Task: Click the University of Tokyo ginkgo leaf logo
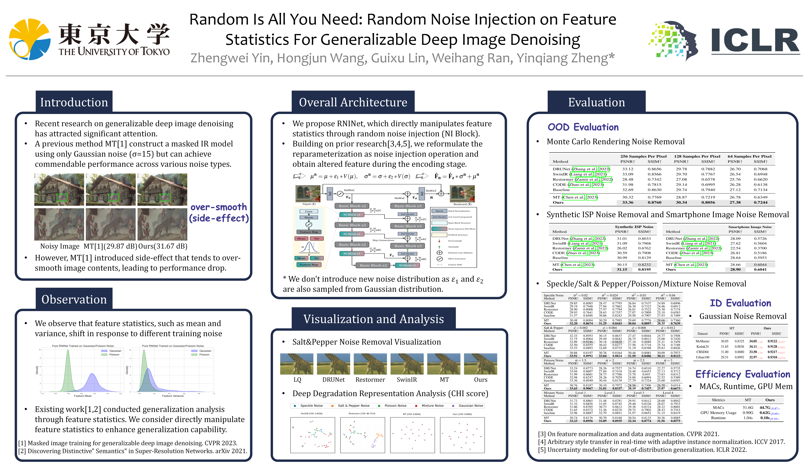point(29,39)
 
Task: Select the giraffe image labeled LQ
point(297,364)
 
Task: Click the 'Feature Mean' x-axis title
point(83,396)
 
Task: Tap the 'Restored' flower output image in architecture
point(462,193)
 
